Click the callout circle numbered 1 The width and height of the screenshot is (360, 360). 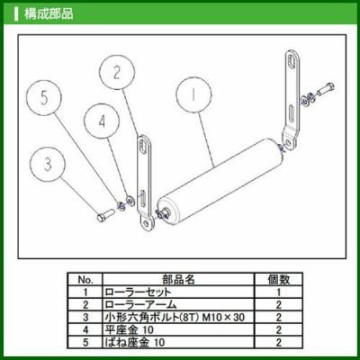pos(193,94)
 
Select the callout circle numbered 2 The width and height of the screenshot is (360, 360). pos(117,72)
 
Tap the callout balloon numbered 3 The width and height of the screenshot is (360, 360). pos(48,165)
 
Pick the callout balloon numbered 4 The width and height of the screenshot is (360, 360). pos(102,121)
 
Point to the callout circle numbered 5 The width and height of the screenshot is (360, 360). pos(44,98)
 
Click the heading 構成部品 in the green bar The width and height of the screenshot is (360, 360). pos(49,13)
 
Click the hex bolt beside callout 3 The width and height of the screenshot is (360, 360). pos(105,215)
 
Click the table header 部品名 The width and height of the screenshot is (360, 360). pos(178,280)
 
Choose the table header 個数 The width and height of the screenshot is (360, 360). pos(279,280)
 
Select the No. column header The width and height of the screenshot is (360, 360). pos(85,280)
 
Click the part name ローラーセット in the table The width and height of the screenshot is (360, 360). pos(138,292)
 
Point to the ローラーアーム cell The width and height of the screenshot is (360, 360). pos(140,305)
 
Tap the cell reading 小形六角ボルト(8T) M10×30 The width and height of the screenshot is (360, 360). pos(175,318)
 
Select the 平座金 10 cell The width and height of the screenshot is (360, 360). pos(129,330)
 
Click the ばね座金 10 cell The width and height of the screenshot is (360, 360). pos(134,342)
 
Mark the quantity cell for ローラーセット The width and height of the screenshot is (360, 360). pos(279,292)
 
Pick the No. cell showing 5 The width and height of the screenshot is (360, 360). pos(85,342)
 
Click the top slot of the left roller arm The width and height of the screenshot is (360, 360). pos(143,147)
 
